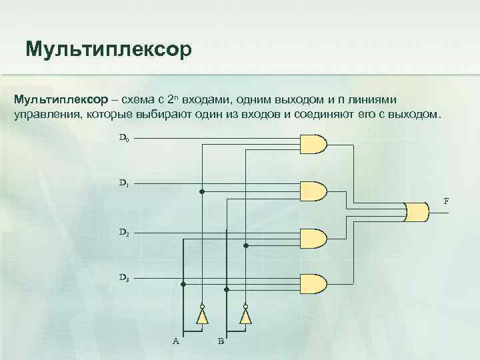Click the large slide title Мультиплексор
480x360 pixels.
click(x=108, y=49)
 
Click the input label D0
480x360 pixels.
click(x=124, y=139)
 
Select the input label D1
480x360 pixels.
click(x=124, y=182)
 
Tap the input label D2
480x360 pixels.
click(x=124, y=233)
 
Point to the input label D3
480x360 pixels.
click(x=124, y=276)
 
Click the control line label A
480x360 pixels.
click(x=175, y=341)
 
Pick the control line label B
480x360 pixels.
click(x=221, y=341)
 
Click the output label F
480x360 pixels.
click(x=446, y=201)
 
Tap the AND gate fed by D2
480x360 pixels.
click(x=315, y=239)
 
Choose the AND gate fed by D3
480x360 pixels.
click(x=315, y=283)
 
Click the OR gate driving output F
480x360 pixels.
click(x=417, y=211)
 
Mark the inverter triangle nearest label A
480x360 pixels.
click(x=202, y=315)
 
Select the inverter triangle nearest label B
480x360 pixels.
click(x=245, y=315)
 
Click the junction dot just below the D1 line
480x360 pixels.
click(x=202, y=191)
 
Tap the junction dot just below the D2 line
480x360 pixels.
click(x=245, y=245)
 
